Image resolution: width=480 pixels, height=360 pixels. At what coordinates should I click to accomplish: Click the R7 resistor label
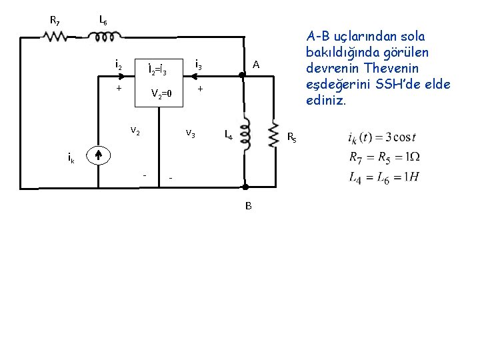(55, 20)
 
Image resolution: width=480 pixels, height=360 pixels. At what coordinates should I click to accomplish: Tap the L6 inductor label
(103, 20)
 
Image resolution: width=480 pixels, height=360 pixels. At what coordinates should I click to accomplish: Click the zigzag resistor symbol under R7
(55, 37)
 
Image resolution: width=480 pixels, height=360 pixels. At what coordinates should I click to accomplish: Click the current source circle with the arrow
(98, 155)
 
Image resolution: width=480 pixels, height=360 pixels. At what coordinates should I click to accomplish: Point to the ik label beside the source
(71, 158)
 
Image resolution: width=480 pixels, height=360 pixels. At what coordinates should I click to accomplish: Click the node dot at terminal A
(245, 76)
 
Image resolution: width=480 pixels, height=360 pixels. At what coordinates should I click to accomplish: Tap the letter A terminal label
(255, 64)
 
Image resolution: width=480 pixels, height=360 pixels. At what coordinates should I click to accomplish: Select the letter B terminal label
(248, 206)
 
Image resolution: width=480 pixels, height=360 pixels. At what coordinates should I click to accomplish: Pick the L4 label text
(227, 135)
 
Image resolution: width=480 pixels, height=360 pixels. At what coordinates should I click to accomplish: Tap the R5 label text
(291, 138)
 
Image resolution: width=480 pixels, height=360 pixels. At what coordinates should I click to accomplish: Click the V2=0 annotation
(161, 93)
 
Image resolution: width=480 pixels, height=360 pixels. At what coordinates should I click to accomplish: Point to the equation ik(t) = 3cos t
(381, 138)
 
